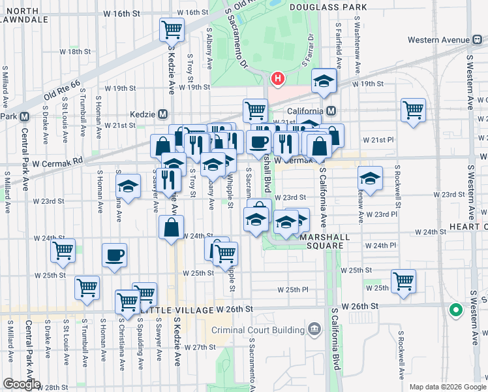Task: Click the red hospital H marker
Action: pyautogui.click(x=278, y=80)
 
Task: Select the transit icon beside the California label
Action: pyautogui.click(x=331, y=110)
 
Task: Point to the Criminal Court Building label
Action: pyautogui.click(x=259, y=329)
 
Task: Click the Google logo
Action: pyautogui.click(x=22, y=384)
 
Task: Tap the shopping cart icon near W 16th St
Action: pyautogui.click(x=172, y=29)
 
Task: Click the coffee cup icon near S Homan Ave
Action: pyautogui.click(x=115, y=255)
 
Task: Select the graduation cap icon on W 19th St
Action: pyautogui.click(x=323, y=80)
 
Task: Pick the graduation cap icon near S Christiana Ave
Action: pyautogui.click(x=129, y=188)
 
